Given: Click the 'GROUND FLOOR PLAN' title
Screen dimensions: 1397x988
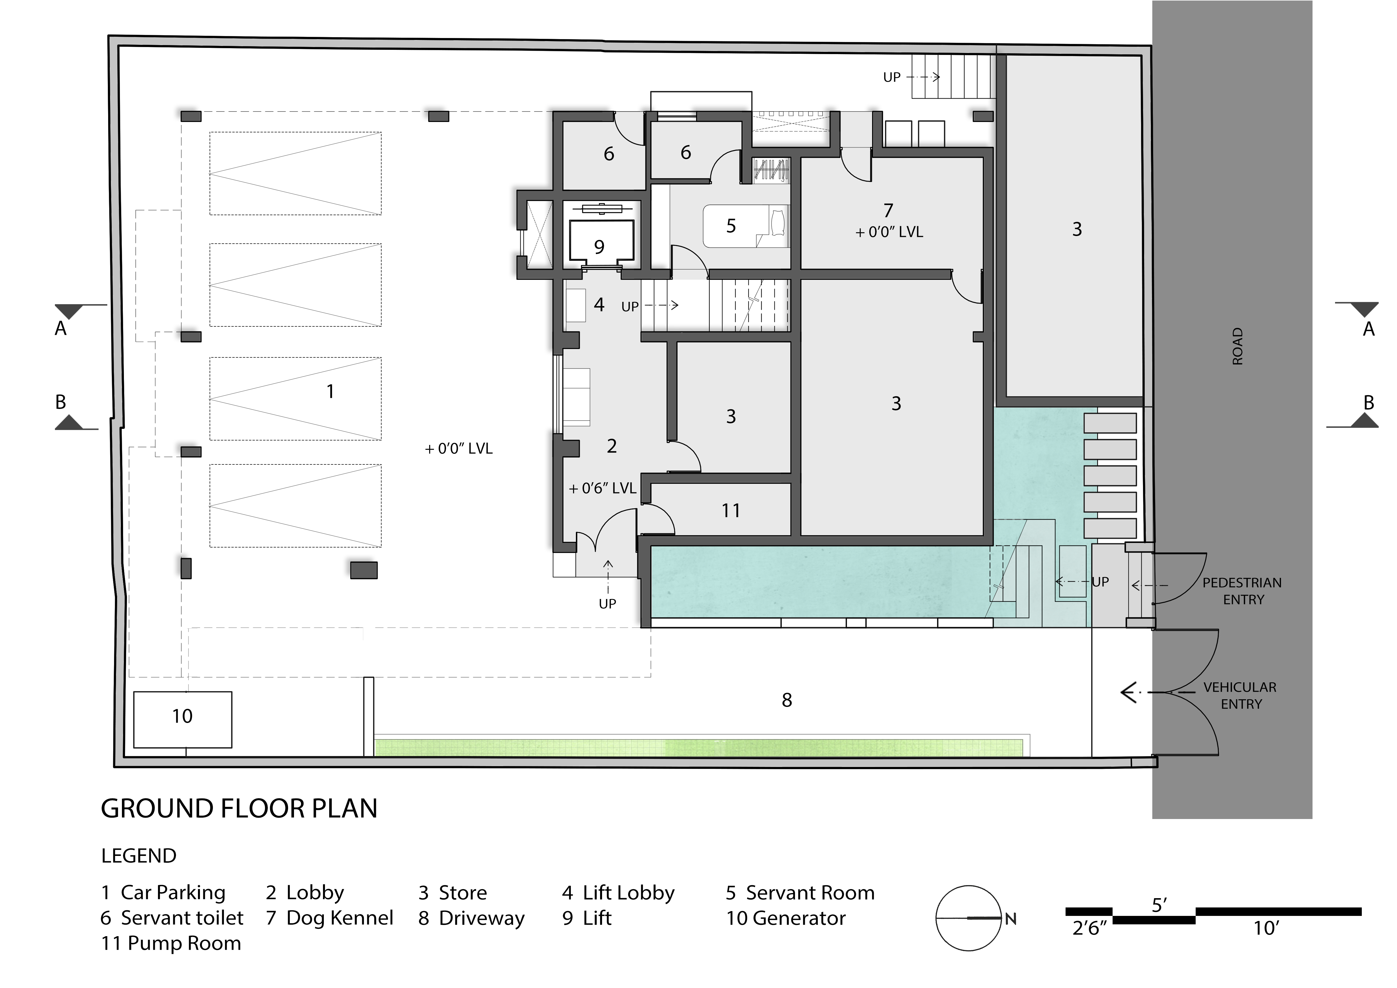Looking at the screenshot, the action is click(x=239, y=809).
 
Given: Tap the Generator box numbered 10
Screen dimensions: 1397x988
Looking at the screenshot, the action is click(x=182, y=720).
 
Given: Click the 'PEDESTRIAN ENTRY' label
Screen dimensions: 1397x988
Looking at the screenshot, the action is click(x=1242, y=591).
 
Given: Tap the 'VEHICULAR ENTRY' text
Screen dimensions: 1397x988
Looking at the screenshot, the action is click(x=1240, y=695).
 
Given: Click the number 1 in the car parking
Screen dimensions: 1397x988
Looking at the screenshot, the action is click(x=330, y=391).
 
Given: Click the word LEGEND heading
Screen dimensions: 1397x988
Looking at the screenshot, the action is click(x=139, y=856).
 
